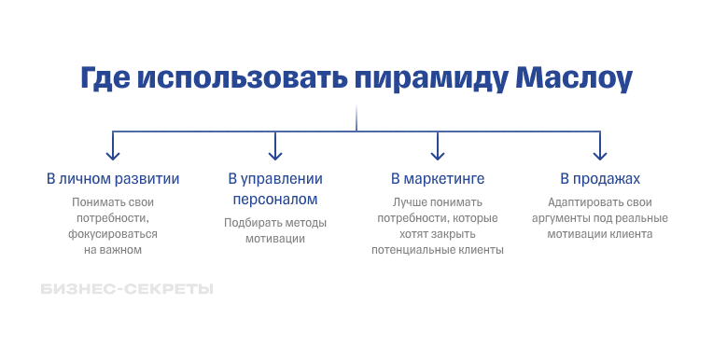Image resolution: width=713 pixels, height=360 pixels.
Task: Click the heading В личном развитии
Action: coord(113,178)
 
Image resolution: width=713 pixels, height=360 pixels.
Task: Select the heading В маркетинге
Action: coord(437,178)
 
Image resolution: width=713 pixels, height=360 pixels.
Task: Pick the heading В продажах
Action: coord(600,178)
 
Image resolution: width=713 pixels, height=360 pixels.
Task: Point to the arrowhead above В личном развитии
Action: coord(113,154)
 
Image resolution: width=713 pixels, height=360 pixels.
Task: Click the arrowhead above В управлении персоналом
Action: coord(274,154)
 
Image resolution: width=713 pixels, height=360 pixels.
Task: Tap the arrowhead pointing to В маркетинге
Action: coord(437,154)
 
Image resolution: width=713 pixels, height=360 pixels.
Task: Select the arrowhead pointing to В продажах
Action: coord(599,154)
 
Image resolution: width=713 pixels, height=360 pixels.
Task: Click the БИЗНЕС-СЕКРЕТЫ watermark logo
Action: coord(127,289)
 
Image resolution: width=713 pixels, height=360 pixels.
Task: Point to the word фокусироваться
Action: coord(113,234)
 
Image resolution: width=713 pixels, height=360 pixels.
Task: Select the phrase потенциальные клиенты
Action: coord(437,250)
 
